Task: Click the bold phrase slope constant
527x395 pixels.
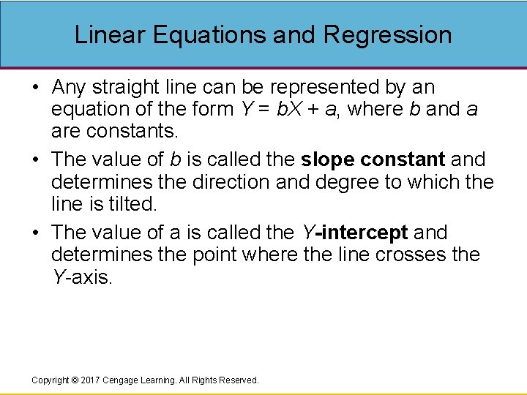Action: point(373,159)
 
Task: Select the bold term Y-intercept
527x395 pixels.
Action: point(355,233)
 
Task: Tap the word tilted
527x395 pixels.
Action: point(132,203)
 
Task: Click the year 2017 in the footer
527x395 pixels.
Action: point(89,380)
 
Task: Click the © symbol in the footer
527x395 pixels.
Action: point(73,380)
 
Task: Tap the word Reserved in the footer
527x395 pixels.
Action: point(239,380)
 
